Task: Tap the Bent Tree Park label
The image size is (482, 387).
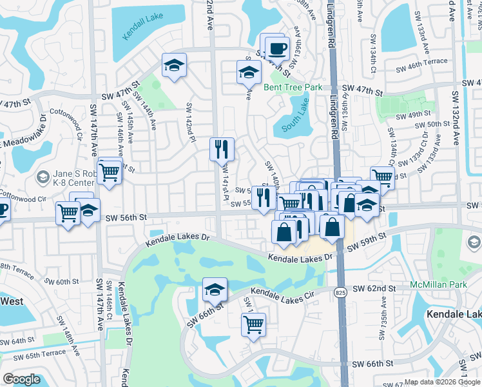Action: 292,88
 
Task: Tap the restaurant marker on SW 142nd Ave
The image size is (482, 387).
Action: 222,150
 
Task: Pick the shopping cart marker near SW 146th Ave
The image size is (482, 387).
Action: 110,172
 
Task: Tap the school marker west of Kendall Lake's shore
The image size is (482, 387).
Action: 174,65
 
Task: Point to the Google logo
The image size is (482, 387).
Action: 21,379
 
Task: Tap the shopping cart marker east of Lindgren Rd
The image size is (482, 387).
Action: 382,175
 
